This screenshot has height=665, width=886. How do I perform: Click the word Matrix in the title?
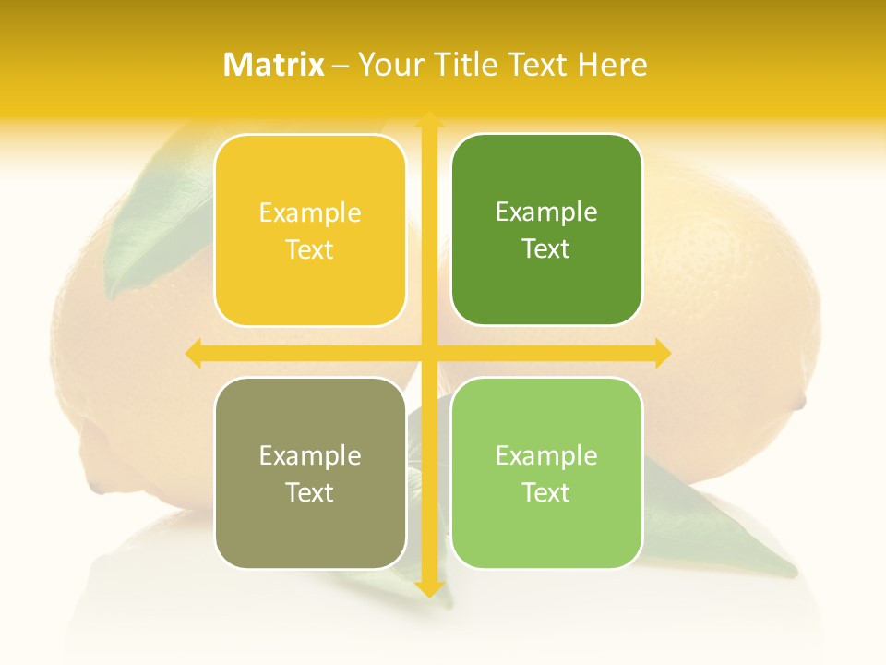[274, 65]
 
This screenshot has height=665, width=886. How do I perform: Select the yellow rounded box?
[310, 231]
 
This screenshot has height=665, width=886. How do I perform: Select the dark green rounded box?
[546, 230]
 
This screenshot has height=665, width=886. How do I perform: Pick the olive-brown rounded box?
[310, 473]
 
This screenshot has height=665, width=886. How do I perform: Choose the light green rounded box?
[546, 473]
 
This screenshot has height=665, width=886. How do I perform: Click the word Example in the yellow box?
[310, 213]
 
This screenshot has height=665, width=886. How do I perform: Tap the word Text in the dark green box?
[546, 248]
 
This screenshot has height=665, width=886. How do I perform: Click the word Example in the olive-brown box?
[310, 455]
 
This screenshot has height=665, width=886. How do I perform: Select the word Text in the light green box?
[546, 492]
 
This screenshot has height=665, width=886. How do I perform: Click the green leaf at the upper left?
[157, 222]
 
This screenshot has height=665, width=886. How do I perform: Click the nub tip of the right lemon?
[800, 402]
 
